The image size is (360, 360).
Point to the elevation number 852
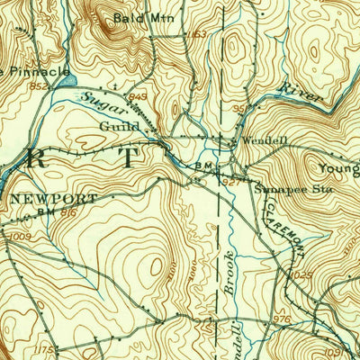(37, 86)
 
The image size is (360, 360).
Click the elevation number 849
(138, 97)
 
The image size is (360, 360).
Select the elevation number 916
(67, 212)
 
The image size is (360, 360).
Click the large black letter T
(131, 158)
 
